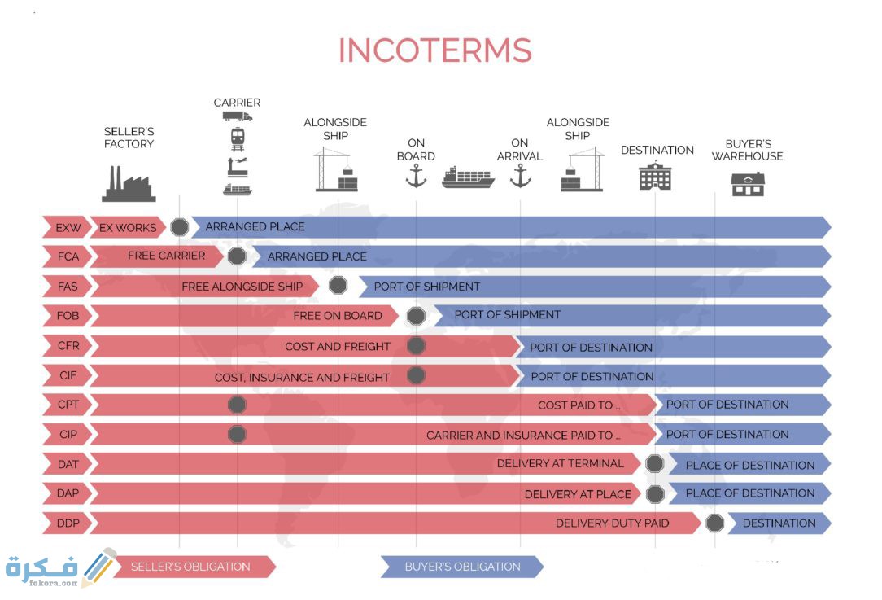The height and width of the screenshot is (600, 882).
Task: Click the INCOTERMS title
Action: [434, 50]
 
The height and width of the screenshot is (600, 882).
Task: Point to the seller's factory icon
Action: [129, 183]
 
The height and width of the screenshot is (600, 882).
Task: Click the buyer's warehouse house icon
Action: [748, 184]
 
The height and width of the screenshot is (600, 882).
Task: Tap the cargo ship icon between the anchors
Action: [468, 177]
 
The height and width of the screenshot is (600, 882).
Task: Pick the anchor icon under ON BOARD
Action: [416, 176]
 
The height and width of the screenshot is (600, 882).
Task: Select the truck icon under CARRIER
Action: [238, 116]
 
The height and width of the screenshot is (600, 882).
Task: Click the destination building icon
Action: [655, 176]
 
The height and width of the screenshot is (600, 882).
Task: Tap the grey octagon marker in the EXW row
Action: [180, 227]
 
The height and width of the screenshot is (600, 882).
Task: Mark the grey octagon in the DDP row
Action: [714, 523]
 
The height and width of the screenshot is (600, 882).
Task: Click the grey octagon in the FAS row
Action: [338, 286]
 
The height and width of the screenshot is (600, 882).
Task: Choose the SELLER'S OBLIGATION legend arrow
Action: [194, 567]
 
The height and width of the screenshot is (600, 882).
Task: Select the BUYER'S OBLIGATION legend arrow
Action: [462, 567]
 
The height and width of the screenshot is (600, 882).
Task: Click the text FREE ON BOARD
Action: [338, 316]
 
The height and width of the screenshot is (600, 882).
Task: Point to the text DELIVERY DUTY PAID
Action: [612, 523]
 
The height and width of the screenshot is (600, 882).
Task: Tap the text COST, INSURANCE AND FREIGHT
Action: [302, 377]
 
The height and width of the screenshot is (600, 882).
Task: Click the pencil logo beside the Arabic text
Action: [99, 567]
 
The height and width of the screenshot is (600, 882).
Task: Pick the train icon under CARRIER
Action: [238, 139]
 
